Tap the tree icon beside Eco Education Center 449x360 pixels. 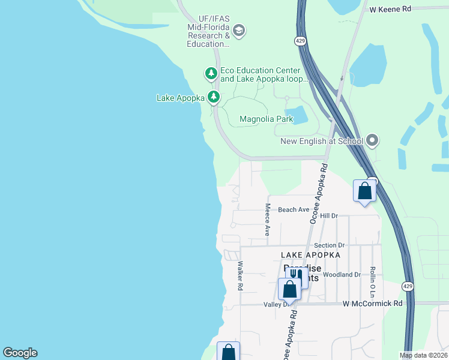coord(211,74)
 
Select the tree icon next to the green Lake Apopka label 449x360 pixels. coord(214,97)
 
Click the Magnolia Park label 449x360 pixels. coord(266,119)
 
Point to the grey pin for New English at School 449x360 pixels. coord(372,141)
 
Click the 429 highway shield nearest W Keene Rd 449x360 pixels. coord(301,41)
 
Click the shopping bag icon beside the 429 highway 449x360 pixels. coord(364,191)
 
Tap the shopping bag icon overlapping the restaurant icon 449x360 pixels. coord(290,289)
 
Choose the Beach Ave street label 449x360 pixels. coord(294,209)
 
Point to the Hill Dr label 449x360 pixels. coord(329,215)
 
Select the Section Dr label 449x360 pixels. coord(329,245)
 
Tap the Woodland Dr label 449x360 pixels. coord(342,274)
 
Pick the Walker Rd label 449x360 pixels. coord(240,276)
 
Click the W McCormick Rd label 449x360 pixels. coord(372,304)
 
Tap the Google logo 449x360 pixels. coord(20,353)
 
